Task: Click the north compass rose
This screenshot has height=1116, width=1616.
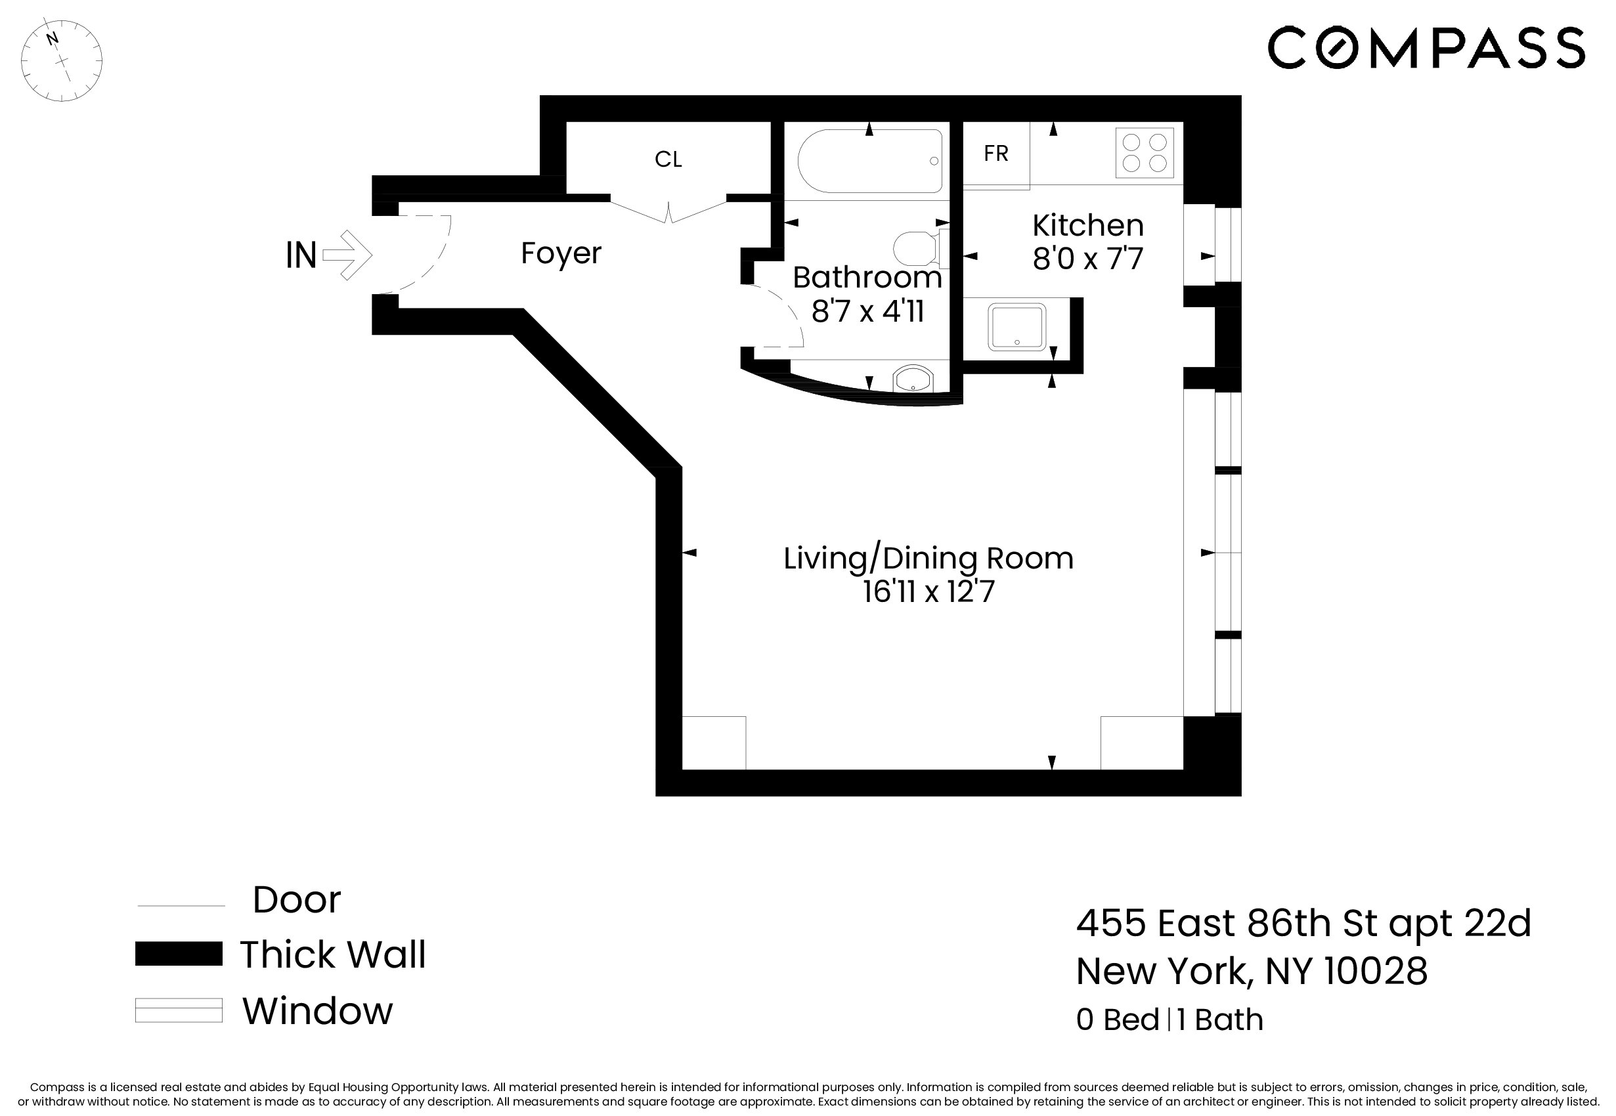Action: (62, 61)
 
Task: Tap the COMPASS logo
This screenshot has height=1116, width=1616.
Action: (1426, 47)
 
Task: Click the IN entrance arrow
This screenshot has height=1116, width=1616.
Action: (347, 255)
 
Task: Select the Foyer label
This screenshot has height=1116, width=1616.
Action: (561, 253)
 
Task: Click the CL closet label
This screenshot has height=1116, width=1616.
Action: (668, 160)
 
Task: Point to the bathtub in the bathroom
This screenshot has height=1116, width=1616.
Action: (869, 161)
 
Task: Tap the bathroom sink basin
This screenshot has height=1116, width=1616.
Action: (913, 379)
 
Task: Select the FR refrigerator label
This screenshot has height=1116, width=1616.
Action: (995, 154)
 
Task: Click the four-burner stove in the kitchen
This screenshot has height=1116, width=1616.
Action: (1144, 153)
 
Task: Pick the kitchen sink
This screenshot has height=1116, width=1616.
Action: (1016, 326)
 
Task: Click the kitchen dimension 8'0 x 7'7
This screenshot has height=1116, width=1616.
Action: (1087, 259)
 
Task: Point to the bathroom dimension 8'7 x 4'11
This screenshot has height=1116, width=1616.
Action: (867, 311)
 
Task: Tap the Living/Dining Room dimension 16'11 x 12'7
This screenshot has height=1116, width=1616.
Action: (928, 591)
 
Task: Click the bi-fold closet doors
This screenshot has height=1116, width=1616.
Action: (668, 211)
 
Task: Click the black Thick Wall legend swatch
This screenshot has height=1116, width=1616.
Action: (179, 954)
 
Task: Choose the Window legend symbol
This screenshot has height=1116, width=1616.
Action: (179, 1010)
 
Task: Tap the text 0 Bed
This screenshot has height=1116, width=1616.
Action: (1118, 1020)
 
